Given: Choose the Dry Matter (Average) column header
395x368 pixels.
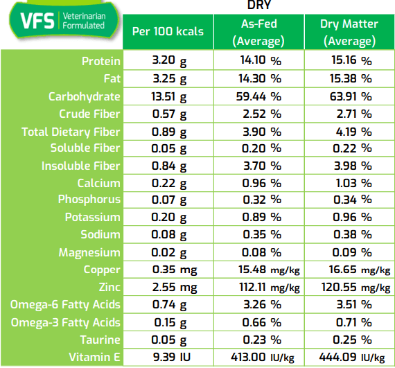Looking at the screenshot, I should (x=349, y=33).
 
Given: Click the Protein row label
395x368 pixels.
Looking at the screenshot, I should (x=100, y=61).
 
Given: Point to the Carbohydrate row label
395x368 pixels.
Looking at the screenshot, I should (x=84, y=96).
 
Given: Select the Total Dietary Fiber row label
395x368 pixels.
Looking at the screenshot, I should (x=71, y=132).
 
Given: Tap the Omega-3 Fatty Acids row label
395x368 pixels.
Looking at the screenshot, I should (x=65, y=322).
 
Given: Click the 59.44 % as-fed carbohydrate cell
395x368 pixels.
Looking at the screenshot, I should (x=256, y=96).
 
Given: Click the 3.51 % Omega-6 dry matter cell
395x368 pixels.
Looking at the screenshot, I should (x=349, y=305).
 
